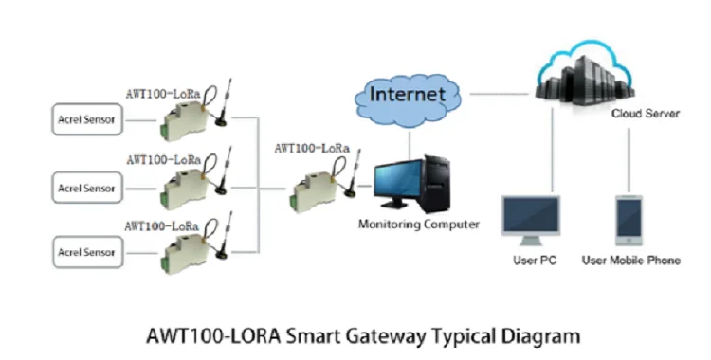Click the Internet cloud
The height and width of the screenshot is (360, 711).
click(x=409, y=96)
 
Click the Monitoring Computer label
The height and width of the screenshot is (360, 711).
click(x=418, y=225)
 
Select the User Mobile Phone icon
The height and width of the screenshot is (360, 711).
click(x=629, y=220)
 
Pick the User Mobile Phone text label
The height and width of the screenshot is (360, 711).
click(x=630, y=261)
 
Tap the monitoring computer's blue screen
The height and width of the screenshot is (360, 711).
click(x=397, y=184)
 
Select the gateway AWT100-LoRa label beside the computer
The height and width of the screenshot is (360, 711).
click(x=311, y=148)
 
